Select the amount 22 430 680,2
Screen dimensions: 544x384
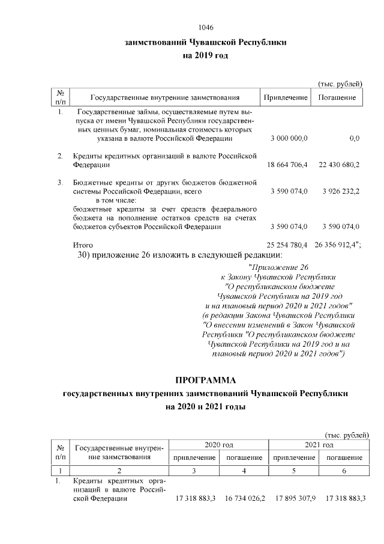337,164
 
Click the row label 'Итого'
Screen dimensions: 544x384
82,245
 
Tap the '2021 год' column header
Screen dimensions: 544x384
319,444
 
